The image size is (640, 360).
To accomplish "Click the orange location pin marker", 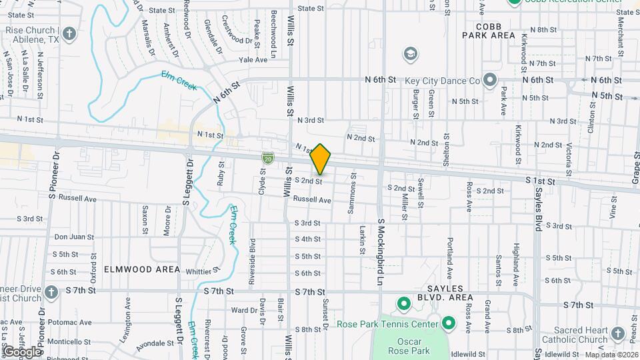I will point(321,159).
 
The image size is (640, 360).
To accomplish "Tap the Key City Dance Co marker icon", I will point(490,81).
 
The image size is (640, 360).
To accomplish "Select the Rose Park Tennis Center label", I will point(387,325).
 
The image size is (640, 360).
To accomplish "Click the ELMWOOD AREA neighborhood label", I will point(141,269).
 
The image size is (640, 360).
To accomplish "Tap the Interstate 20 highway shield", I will point(267,158).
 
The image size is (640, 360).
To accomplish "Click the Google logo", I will point(22,351).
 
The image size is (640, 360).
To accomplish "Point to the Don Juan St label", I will point(74,237).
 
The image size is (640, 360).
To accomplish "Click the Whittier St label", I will point(203,271).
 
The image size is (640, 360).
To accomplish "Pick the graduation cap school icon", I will point(411,53).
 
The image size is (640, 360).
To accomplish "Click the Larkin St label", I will point(363,238).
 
